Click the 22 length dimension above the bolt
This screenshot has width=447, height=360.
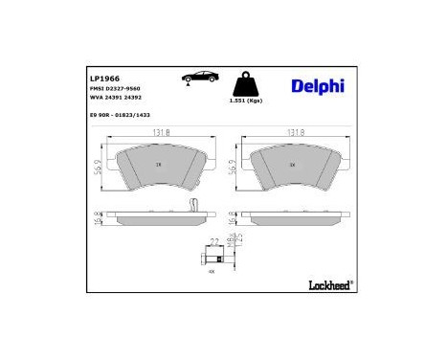pos(214,241)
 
